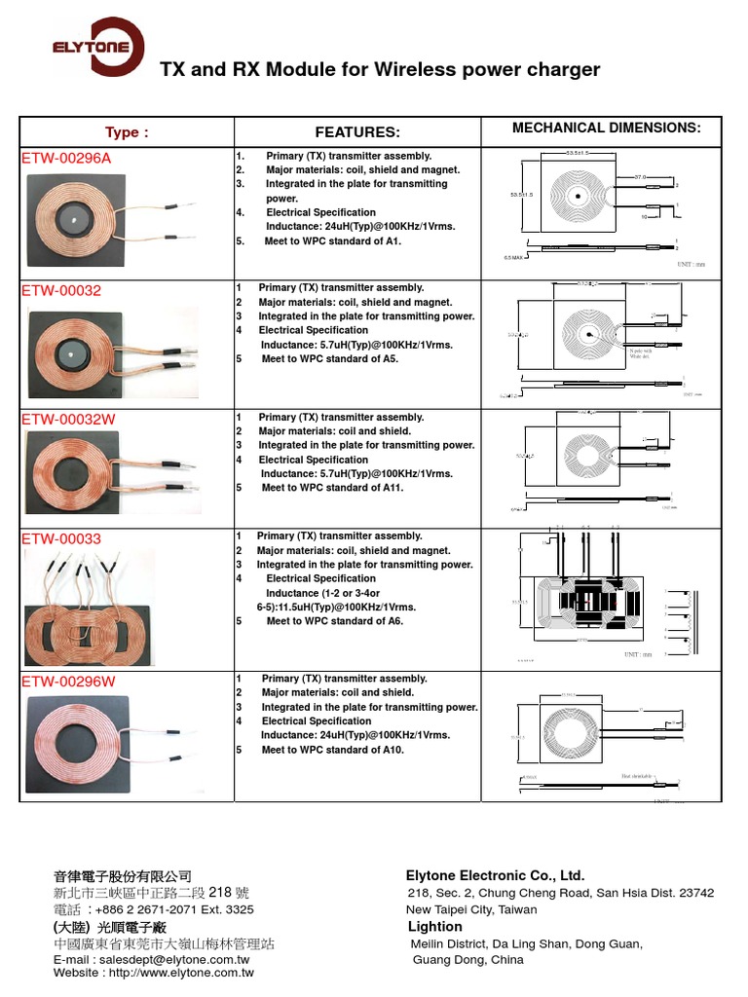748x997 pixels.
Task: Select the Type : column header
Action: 127,132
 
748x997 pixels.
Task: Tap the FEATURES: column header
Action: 357,132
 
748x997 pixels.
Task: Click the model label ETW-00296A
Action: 66,157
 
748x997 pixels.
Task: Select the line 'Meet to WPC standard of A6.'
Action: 334,621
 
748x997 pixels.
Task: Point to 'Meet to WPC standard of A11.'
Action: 331,488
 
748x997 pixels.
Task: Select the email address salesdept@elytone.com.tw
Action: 159,960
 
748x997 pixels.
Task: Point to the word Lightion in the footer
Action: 435,926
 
